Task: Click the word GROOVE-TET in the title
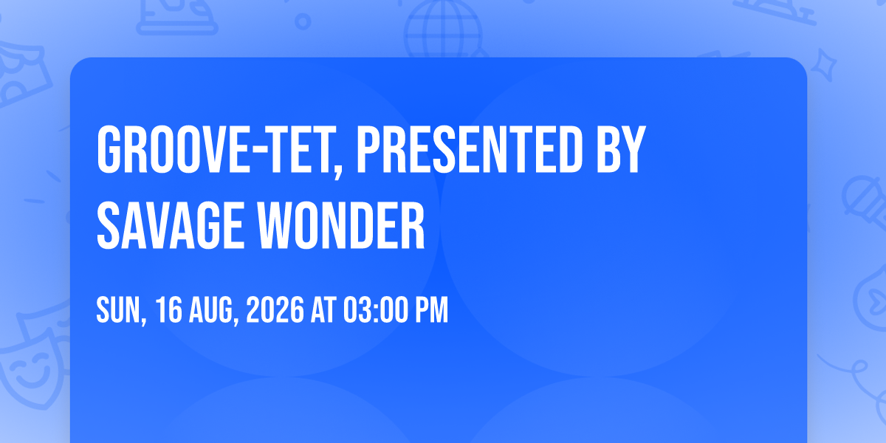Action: pyautogui.click(x=214, y=149)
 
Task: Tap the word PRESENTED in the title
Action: pyautogui.click(x=470, y=149)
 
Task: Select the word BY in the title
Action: pyautogui.click(x=621, y=149)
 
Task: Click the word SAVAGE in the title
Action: pyautogui.click(x=170, y=225)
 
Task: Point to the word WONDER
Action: pyautogui.click(x=342, y=225)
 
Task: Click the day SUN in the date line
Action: pyautogui.click(x=119, y=310)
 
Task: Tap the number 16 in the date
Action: pyautogui.click(x=169, y=310)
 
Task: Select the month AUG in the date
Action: pyautogui.click(x=211, y=310)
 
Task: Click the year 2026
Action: pyautogui.click(x=275, y=310)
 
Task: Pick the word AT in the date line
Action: pyautogui.click(x=323, y=310)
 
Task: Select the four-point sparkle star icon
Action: pyautogui.click(x=824, y=65)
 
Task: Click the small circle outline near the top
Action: pyautogui.click(x=303, y=21)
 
